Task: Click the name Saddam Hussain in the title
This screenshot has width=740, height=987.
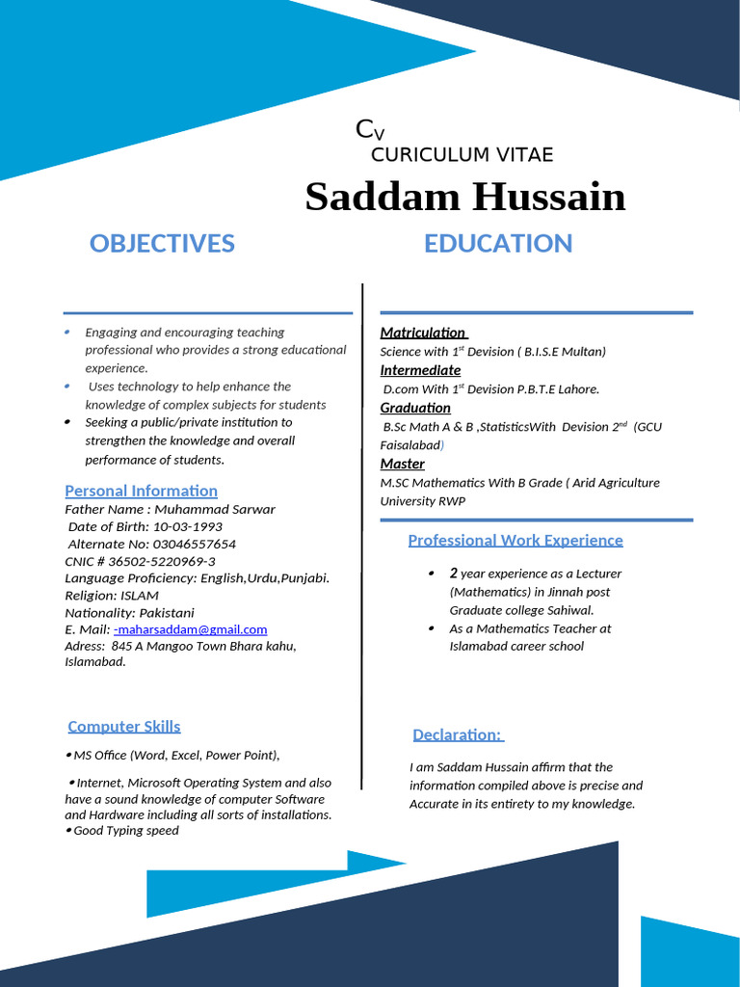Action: pos(464,197)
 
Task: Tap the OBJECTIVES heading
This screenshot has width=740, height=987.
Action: pos(162,244)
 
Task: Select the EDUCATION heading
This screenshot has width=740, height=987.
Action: pos(498,244)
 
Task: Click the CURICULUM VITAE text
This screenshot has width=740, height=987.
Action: pos(462,155)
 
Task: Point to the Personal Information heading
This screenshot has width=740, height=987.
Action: pos(141,491)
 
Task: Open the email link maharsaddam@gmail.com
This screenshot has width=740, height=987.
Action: pos(192,629)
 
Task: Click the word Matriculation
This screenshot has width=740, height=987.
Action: pos(422,333)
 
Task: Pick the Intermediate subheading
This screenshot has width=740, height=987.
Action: pos(420,370)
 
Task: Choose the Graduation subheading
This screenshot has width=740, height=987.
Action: pos(415,408)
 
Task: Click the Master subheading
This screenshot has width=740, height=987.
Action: pos(402,464)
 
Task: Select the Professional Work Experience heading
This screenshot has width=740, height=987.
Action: pos(515,540)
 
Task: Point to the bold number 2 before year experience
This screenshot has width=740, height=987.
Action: pos(453,574)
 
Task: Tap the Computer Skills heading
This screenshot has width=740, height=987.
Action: pos(124,727)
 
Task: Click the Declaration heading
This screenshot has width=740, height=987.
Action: pos(457,735)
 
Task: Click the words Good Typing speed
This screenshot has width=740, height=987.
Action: pos(126,831)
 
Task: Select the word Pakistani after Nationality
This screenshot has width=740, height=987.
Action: pos(167,613)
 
